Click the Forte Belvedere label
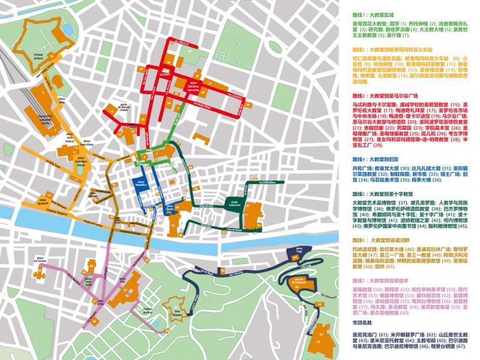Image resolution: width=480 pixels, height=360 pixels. pyautogui.click(x=173, y=311)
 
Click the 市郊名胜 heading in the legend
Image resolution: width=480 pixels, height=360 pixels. pyautogui.click(x=362, y=322)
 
